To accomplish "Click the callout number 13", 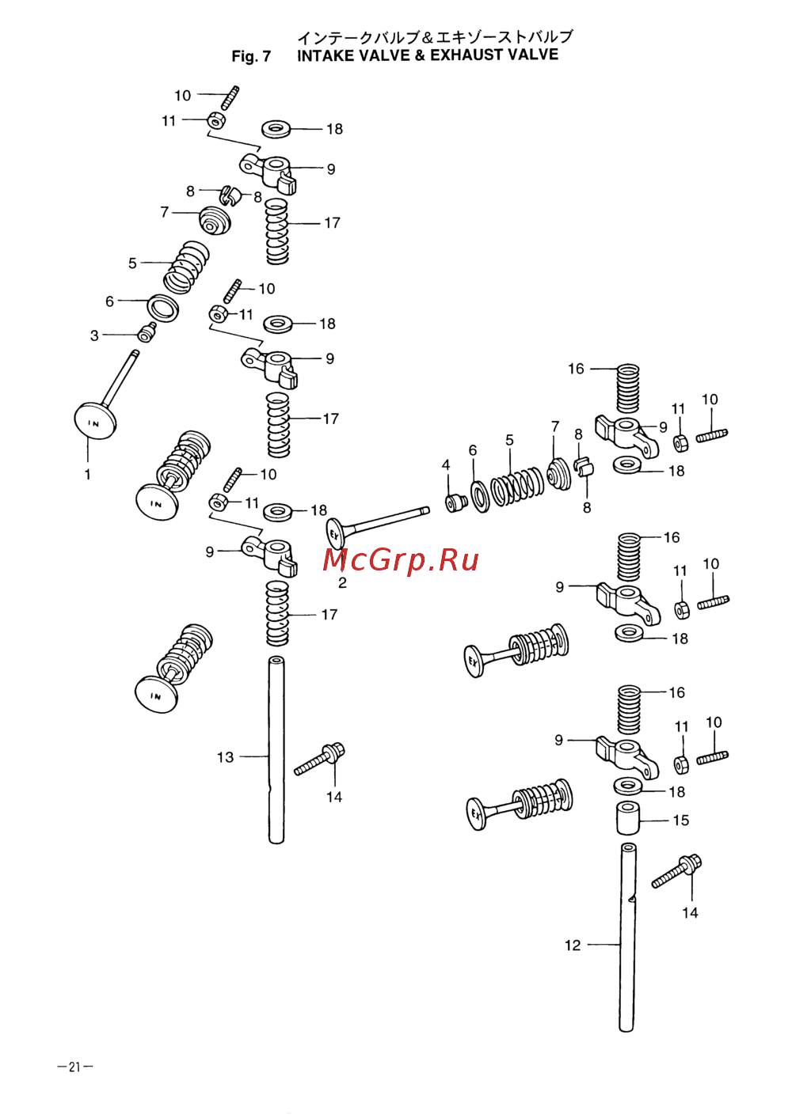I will (x=225, y=757).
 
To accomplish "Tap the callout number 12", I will (x=573, y=945).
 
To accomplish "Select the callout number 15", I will (x=681, y=820).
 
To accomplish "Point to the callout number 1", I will (x=88, y=475).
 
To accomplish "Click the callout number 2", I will (x=342, y=583).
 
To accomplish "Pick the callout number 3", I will (x=94, y=335).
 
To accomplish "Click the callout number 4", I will (x=446, y=465).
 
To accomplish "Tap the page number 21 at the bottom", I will (x=74, y=1067).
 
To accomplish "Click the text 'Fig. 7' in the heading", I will (x=251, y=56).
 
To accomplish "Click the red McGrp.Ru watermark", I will (x=401, y=560).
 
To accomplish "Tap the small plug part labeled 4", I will (x=456, y=502).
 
